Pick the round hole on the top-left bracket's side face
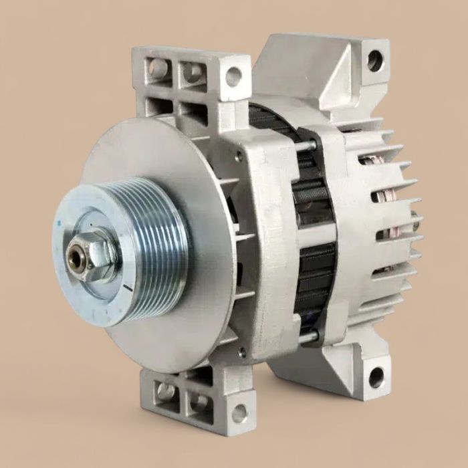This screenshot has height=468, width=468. pyautogui.click(x=233, y=77)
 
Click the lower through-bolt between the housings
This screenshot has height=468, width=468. pyautogui.click(x=309, y=336)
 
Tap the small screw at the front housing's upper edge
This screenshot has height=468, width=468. pyautogui.click(x=239, y=157)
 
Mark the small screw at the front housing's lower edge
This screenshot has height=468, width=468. pyautogui.click(x=241, y=350)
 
